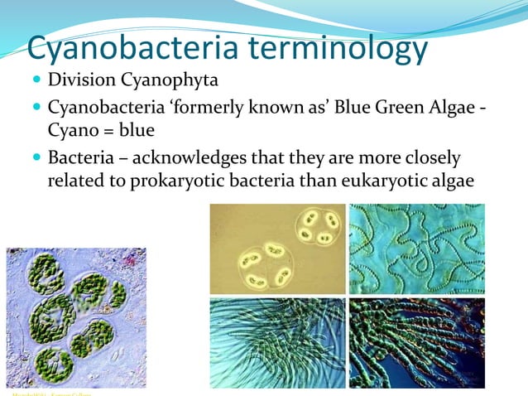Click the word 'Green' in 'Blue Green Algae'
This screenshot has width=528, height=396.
[x=396, y=108]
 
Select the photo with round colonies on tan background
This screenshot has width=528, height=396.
[x=277, y=249]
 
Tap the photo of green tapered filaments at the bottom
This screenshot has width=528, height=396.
[x=277, y=342]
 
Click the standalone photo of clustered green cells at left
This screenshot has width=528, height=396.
[x=76, y=319]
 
